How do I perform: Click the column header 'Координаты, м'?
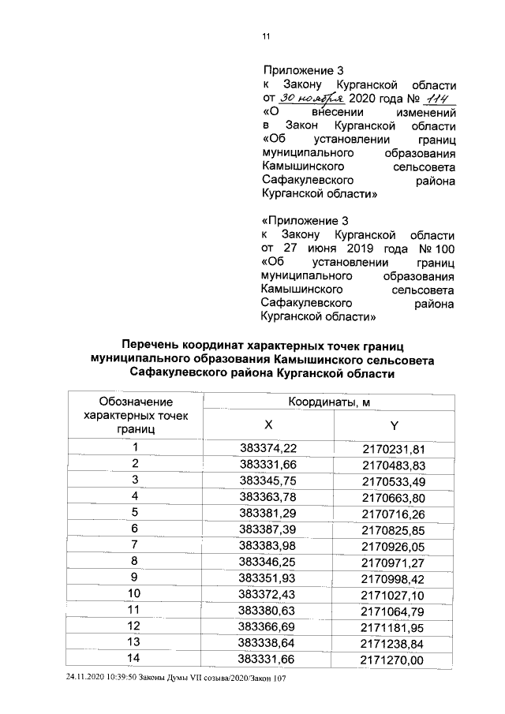pyautogui.click(x=329, y=402)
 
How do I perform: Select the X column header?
pyautogui.click(x=268, y=424)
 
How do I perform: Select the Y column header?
pyautogui.click(x=395, y=424)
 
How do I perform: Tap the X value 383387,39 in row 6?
pyautogui.click(x=268, y=528)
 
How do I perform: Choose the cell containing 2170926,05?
pyautogui.click(x=395, y=544)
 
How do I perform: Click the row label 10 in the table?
pyautogui.click(x=135, y=592)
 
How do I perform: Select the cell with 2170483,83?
pyautogui.click(x=395, y=464)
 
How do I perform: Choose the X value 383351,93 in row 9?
pyautogui.click(x=268, y=576)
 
